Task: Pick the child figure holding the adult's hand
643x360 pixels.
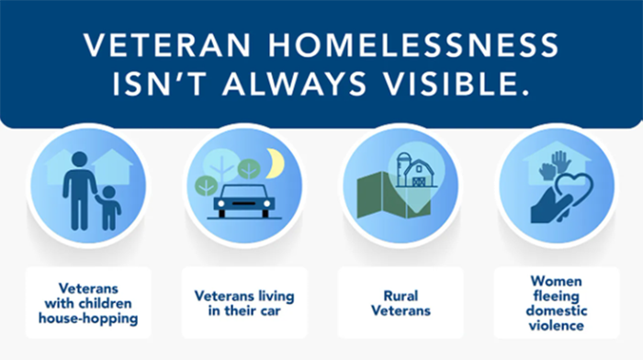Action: [110, 208]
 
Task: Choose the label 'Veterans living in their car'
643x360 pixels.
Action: [243, 303]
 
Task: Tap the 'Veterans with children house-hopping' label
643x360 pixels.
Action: [88, 303]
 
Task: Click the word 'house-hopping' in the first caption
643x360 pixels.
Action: [88, 319]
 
